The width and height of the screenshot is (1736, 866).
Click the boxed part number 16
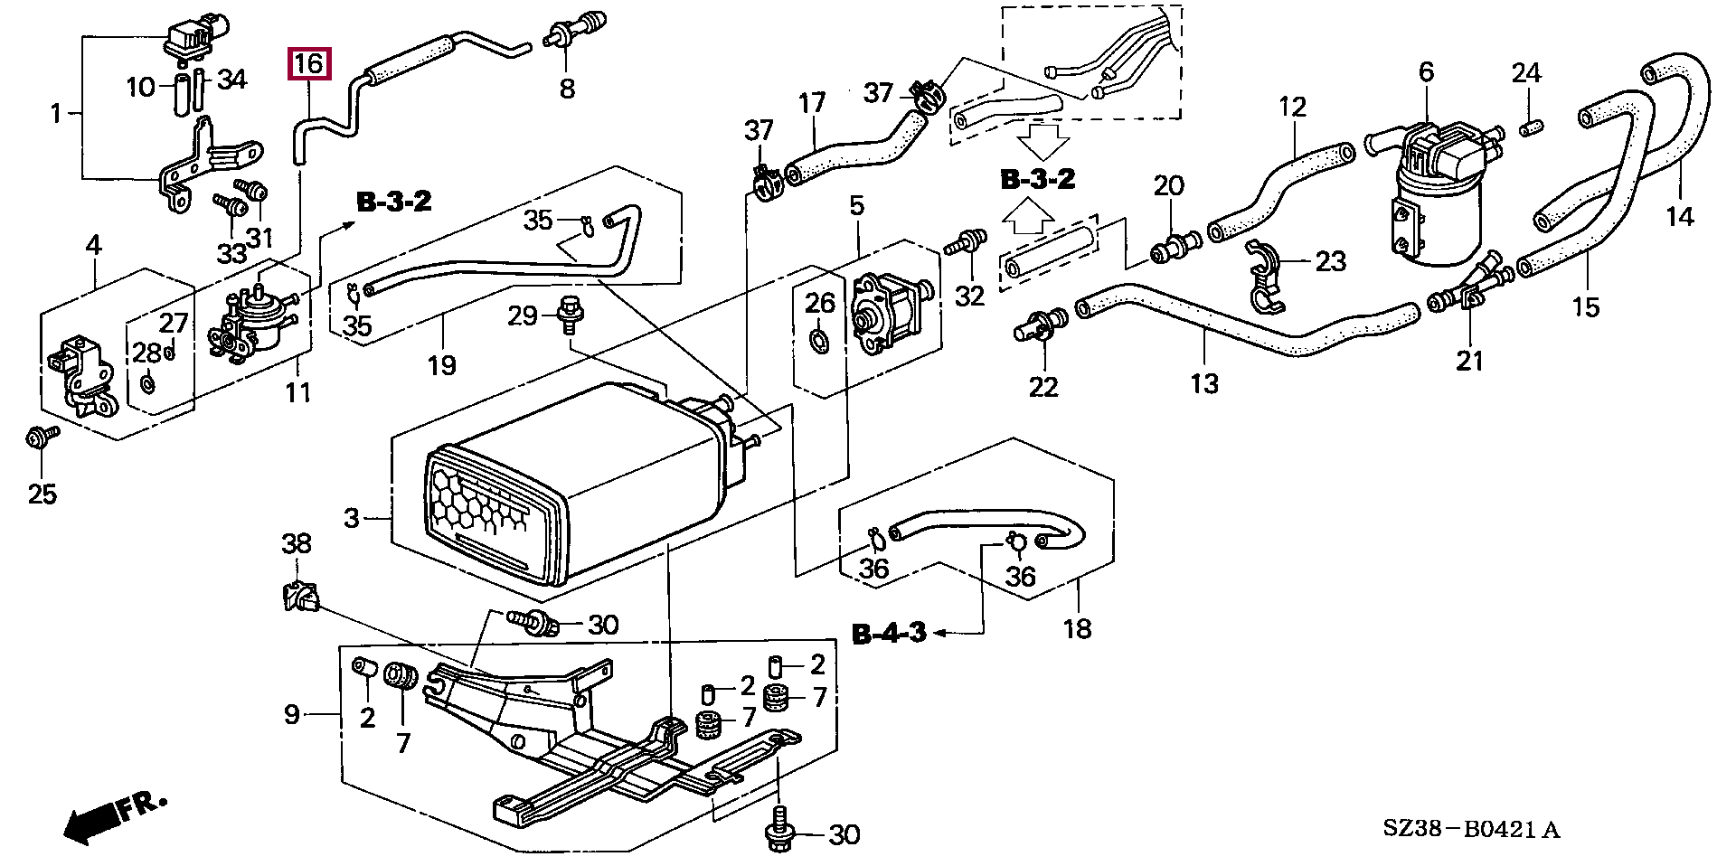309,64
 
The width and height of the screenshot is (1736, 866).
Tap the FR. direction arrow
113,816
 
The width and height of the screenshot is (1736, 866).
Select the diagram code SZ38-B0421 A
1471,829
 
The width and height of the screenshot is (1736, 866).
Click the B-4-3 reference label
890,633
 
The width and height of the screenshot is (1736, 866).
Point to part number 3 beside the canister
352,518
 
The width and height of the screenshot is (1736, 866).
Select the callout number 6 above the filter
1426,72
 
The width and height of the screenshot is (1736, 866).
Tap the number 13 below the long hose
1204,383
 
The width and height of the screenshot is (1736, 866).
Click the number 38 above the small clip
297,543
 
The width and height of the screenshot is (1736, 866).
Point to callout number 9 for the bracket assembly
291,715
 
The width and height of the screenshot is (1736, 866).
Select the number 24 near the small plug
1526,72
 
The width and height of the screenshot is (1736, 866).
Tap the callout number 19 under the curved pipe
441,365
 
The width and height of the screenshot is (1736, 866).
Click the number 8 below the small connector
567,89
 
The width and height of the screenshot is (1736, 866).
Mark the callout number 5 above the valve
856,205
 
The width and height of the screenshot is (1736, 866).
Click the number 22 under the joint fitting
1043,387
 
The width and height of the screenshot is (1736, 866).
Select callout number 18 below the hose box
1077,628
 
